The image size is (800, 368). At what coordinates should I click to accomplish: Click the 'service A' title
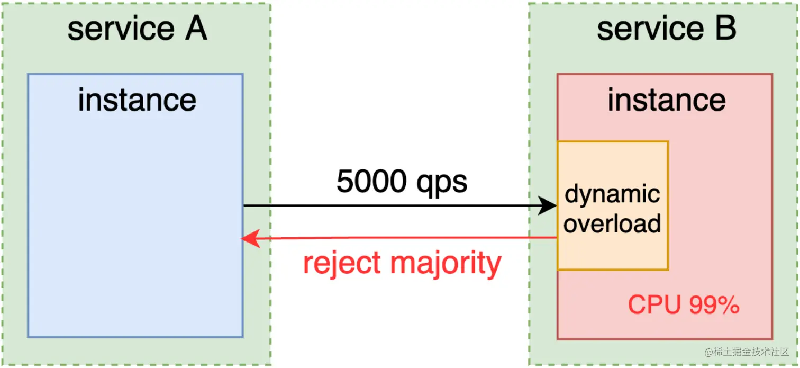[137, 29]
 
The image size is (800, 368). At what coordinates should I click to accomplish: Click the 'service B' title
[667, 29]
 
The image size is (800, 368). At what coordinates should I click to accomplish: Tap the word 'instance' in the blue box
[137, 100]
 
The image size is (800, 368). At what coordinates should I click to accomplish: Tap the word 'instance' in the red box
[667, 100]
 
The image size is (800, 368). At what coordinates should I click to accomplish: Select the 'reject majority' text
[402, 263]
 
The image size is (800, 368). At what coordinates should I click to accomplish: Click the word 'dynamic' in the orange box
[612, 195]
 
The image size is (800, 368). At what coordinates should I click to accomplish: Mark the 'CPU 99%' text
[683, 305]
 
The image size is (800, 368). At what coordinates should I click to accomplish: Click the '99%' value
[714, 305]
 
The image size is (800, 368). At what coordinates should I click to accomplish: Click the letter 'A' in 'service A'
[195, 29]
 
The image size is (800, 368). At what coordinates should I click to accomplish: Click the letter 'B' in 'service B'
[725, 29]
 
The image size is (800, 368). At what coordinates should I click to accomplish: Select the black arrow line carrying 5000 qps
[392, 206]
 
